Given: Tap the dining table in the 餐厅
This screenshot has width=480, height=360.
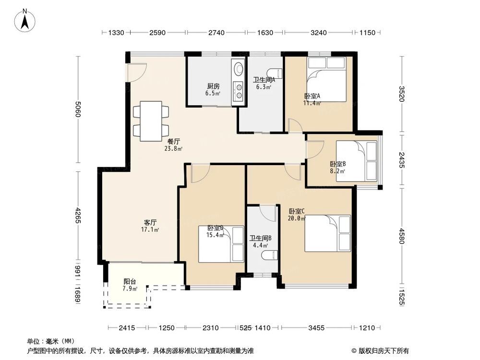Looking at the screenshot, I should (151, 121).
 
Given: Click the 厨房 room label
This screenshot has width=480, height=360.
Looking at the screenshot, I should (213, 86).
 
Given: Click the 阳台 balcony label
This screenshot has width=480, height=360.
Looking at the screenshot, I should (129, 282).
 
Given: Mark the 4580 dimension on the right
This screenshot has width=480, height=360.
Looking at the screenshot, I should (402, 236).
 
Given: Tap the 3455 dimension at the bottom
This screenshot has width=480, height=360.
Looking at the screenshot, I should (317, 328).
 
